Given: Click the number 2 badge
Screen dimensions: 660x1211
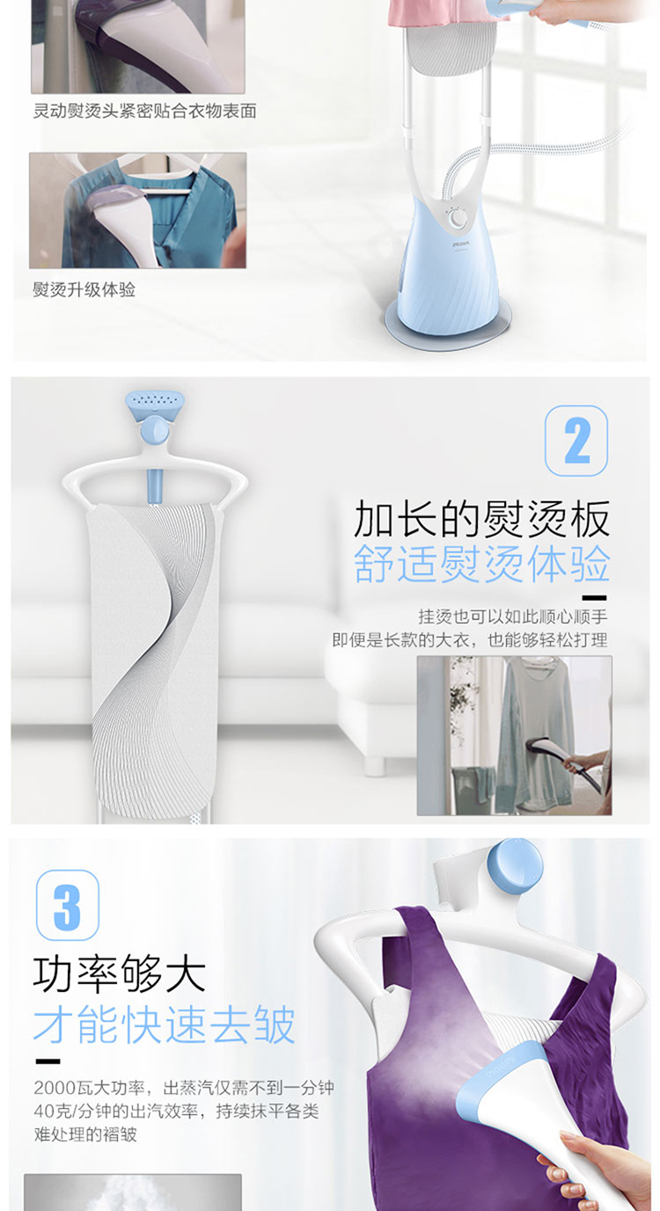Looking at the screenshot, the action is tap(576, 441).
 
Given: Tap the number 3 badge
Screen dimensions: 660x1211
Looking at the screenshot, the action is tap(68, 905).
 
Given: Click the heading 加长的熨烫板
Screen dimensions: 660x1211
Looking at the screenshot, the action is tap(482, 519).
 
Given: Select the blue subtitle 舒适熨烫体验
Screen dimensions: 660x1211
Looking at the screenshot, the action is tap(482, 564).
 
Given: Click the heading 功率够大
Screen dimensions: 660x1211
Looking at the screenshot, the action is tap(120, 974).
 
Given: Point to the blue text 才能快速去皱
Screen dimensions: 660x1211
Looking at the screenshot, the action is tap(164, 1025).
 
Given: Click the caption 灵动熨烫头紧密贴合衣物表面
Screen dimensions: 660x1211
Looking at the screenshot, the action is tap(144, 111).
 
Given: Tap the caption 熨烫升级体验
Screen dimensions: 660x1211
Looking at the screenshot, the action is tap(84, 289).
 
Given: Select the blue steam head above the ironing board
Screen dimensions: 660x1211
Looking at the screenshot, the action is tap(155, 403).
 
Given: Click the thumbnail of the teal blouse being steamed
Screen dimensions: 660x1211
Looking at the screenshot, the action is tap(138, 210).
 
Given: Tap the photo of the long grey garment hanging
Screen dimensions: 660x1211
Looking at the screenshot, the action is tap(515, 735).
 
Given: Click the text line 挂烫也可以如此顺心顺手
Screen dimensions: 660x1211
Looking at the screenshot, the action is tap(513, 616).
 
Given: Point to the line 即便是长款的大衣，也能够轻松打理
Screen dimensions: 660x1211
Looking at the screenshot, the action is tap(470, 640).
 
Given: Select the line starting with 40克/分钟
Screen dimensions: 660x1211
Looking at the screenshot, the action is tap(176, 1111).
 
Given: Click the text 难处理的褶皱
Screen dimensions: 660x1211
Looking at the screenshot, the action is tap(85, 1134).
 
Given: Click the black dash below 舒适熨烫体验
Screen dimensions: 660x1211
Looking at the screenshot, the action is tap(595, 598).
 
